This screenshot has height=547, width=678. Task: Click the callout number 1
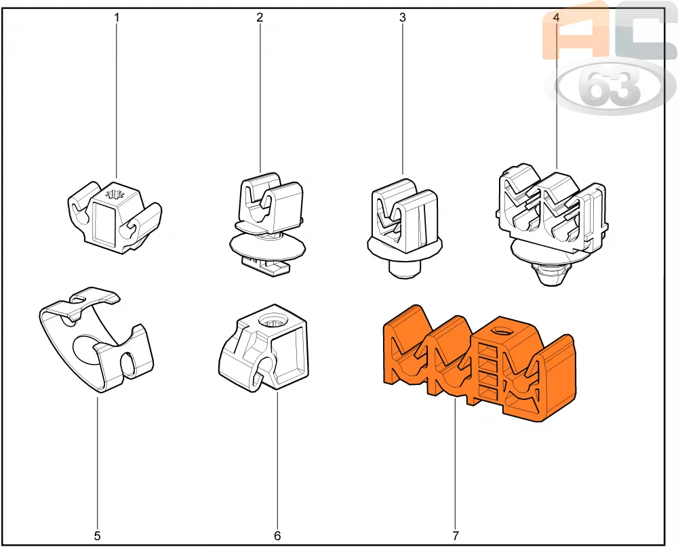pos(117,18)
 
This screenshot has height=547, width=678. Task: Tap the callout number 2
pos(260,18)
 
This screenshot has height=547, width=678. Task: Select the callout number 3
pos(403,18)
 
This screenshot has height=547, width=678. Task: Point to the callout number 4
pos(556,18)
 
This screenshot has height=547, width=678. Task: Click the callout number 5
pos(97,535)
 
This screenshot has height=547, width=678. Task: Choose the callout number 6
pos(277,535)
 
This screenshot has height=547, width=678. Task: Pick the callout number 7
pos(456,535)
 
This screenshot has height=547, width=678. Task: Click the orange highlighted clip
pos(479,363)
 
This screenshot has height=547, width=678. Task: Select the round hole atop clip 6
pos(272,321)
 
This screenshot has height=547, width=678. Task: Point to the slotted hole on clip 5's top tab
pos(83,297)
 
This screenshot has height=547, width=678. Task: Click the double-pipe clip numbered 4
pos(551,224)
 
